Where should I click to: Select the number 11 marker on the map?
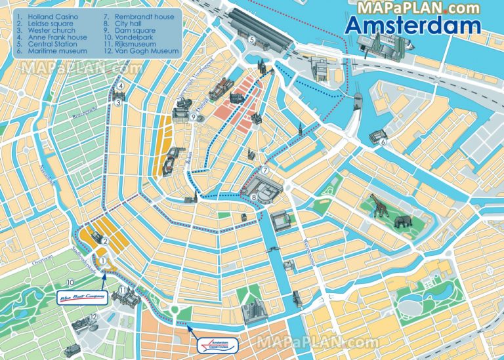pos(123,290)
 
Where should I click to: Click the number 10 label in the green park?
pos(70,283)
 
